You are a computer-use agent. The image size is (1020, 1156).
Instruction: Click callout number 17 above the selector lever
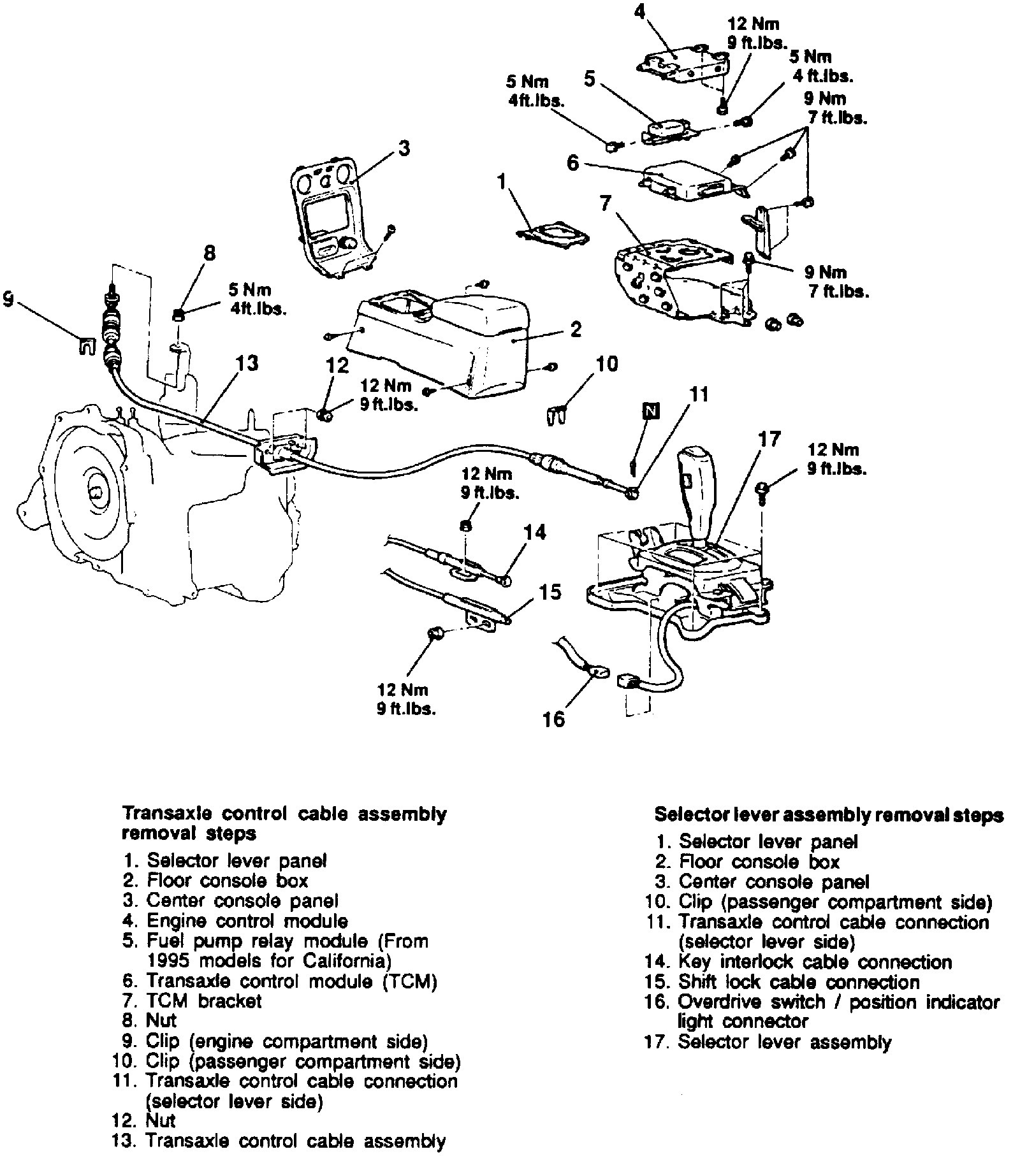click(769, 440)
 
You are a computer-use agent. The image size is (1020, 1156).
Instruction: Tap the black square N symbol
click(650, 412)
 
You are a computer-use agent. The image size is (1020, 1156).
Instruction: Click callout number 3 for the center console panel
click(403, 148)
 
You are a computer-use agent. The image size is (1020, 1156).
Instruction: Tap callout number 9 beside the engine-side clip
click(8, 300)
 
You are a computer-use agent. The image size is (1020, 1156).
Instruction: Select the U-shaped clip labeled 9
click(85, 344)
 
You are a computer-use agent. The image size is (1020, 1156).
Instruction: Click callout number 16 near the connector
click(553, 719)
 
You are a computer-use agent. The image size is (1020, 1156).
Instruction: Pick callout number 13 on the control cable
click(247, 363)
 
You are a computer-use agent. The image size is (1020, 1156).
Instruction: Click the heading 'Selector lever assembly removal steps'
click(829, 815)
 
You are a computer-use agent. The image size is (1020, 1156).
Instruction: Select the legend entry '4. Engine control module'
click(236, 921)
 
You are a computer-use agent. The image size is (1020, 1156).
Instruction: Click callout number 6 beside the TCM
click(573, 163)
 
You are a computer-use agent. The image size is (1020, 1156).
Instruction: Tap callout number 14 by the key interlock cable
click(535, 532)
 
